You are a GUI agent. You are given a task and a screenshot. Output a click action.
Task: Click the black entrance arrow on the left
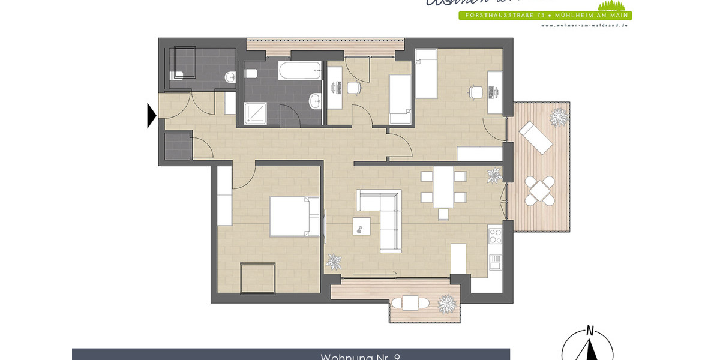coord(152,115)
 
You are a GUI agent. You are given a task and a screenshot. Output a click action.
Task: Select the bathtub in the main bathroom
coord(300,71)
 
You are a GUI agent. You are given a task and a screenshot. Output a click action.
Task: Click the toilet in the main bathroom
coord(251,74)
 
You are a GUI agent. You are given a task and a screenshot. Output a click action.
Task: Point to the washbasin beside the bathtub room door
coord(314,101)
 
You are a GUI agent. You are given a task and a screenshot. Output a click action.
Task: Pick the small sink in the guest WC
coord(230,76)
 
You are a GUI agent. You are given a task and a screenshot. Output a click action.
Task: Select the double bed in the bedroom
coord(294,216)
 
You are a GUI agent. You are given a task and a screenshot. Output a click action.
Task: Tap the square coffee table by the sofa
coord(362,226)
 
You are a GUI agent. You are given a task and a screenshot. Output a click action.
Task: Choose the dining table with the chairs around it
coord(444,187)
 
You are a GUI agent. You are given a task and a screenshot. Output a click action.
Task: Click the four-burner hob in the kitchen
coord(495,235)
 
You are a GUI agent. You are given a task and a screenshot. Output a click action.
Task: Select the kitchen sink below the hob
coord(495,262)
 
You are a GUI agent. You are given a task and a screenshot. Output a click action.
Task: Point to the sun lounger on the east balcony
coord(536,138)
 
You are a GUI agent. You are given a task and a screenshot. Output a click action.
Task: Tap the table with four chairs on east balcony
coord(539,191)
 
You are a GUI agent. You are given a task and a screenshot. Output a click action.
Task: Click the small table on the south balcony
coord(410,304)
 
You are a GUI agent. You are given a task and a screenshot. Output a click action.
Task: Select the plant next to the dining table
coord(494,175)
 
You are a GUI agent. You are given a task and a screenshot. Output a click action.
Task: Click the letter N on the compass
coord(590,330)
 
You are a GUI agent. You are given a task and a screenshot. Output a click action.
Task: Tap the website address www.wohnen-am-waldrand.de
coord(584,25)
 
